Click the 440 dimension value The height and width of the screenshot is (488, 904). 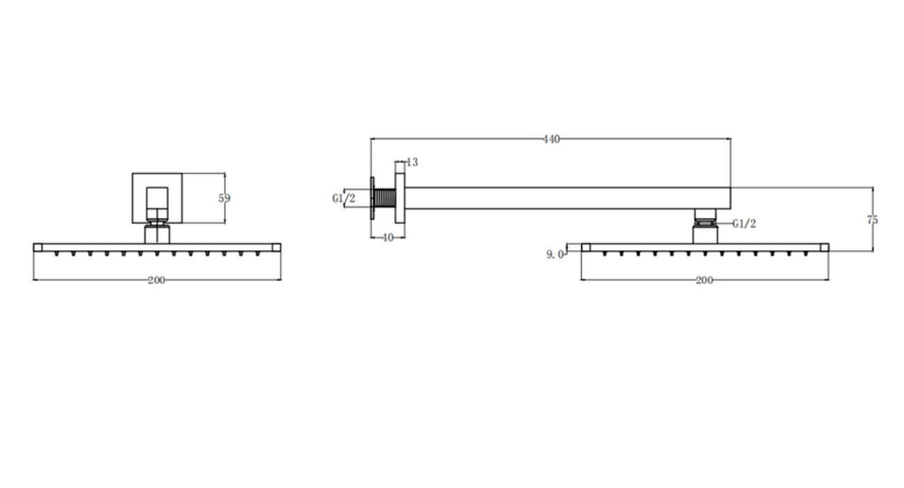pyautogui.click(x=552, y=139)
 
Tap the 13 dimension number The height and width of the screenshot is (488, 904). pyautogui.click(x=412, y=162)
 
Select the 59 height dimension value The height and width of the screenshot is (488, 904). pyautogui.click(x=224, y=199)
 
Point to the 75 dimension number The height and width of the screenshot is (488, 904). pyautogui.click(x=872, y=220)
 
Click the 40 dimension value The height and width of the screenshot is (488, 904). pyautogui.click(x=387, y=238)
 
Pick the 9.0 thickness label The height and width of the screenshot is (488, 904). pyautogui.click(x=555, y=254)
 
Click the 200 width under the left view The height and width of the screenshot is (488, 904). pyautogui.click(x=156, y=280)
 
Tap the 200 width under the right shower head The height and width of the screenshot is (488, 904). pyautogui.click(x=704, y=280)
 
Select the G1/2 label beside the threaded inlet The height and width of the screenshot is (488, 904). pyautogui.click(x=343, y=199)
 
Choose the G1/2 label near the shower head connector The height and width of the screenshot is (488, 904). pyautogui.click(x=745, y=224)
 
